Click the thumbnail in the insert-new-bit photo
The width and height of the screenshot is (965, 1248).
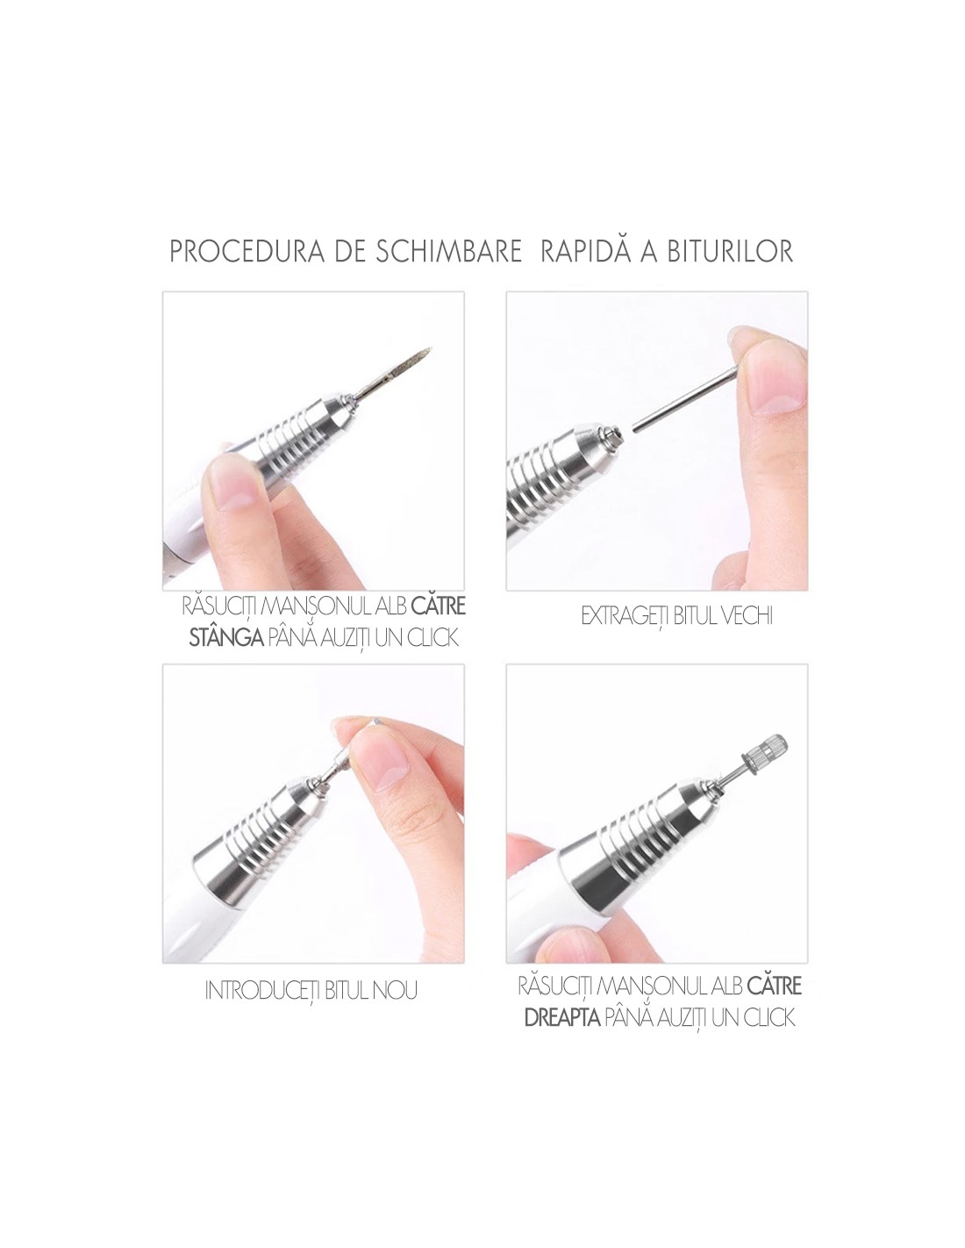(x=383, y=769)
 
